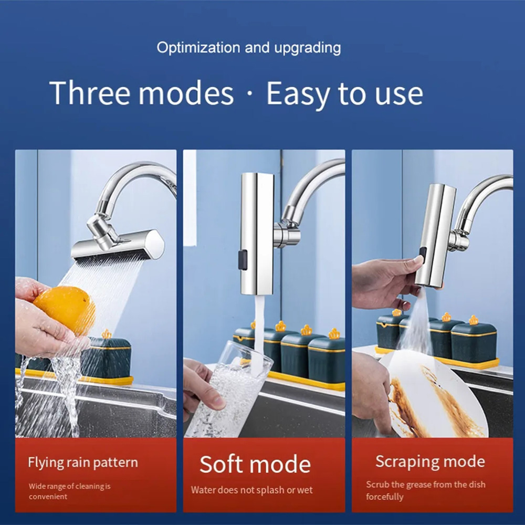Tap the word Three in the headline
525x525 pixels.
[89, 93]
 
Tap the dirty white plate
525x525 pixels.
[432, 395]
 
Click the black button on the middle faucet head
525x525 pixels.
[243, 259]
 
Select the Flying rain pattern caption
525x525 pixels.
[83, 463]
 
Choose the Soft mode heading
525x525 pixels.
[255, 464]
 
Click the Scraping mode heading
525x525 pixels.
[430, 461]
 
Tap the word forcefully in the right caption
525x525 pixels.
[385, 496]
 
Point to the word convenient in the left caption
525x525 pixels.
[48, 496]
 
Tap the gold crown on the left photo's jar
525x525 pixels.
[107, 333]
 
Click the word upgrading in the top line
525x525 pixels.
[307, 48]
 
